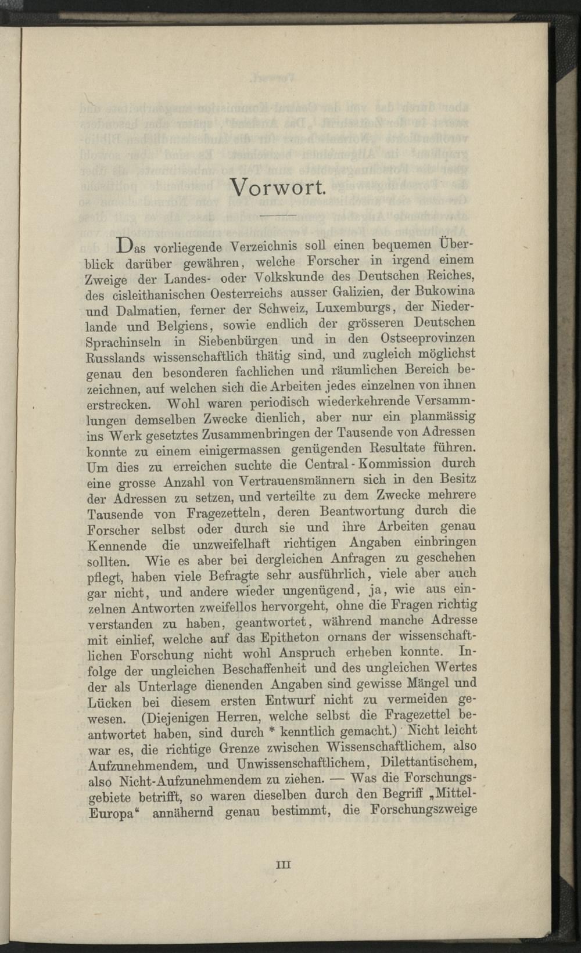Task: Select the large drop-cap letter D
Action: click(x=125, y=246)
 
